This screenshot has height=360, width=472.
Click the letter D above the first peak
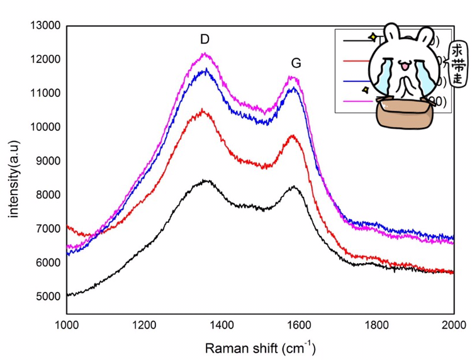(x=205, y=40)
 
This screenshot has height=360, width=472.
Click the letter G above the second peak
(x=295, y=63)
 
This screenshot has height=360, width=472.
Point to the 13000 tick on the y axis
(x=45, y=26)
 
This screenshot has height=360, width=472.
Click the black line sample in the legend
(x=356, y=42)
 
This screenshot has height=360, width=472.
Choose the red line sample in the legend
(x=356, y=61)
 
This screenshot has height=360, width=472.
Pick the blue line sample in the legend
(x=356, y=81)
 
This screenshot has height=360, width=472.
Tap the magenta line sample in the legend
(x=356, y=101)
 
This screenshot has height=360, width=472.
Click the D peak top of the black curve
(x=206, y=181)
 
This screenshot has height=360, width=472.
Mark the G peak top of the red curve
(x=292, y=135)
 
